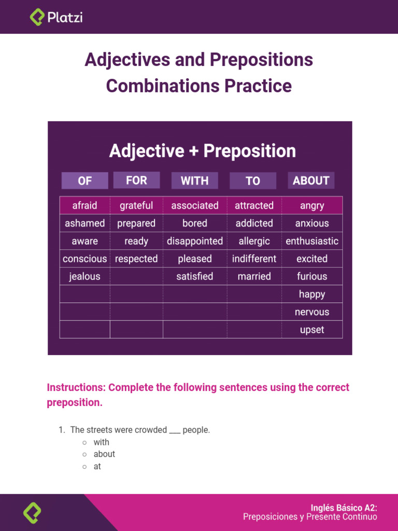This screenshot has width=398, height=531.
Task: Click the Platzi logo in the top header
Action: click(56, 17)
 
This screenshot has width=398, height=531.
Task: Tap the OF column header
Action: click(84, 180)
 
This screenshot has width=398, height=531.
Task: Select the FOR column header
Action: click(136, 180)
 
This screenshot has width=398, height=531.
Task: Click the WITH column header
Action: click(194, 180)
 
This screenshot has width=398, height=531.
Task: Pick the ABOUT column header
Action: click(311, 180)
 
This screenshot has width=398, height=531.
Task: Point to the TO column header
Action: click(253, 180)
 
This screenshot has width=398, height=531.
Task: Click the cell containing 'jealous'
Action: click(84, 276)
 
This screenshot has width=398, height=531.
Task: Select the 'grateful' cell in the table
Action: click(136, 205)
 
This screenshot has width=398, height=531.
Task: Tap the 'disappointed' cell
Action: click(195, 241)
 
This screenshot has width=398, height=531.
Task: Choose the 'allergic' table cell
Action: click(254, 241)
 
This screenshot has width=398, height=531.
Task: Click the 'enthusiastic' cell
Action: click(312, 241)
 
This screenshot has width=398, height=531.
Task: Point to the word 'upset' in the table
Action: click(312, 330)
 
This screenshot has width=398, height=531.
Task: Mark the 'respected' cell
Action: click(136, 259)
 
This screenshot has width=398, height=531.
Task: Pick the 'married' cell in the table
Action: click(254, 276)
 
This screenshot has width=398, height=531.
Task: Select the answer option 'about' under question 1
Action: click(104, 454)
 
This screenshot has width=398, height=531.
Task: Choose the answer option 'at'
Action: click(97, 467)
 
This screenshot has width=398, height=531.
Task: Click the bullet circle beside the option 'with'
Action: click(84, 442)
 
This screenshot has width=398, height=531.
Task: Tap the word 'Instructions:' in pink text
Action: click(76, 387)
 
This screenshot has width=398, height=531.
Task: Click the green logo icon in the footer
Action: click(32, 513)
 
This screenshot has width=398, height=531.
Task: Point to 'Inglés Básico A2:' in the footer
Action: click(344, 508)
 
